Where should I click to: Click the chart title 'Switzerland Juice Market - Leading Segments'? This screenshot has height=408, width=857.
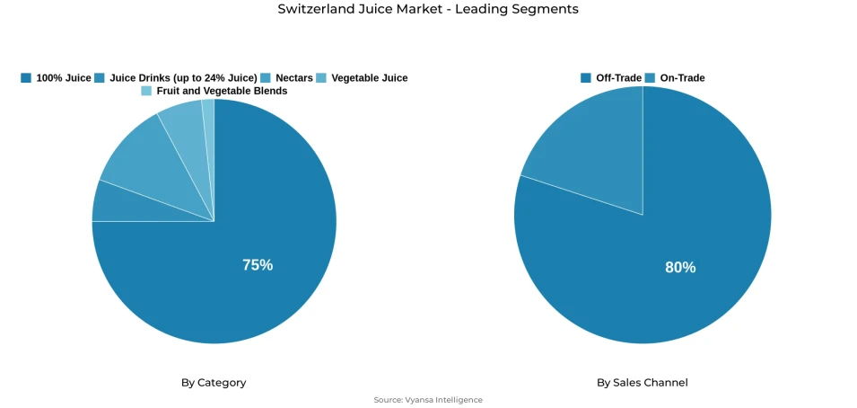[x=428, y=9]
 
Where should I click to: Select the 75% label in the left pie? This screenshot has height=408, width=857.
[x=258, y=265]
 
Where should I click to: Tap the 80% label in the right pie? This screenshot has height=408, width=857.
[x=680, y=267]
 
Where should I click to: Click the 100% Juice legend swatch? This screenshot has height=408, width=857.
[x=26, y=78]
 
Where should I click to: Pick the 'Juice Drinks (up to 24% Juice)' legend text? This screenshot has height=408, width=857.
[x=183, y=78]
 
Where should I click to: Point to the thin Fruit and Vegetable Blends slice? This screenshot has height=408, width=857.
[x=208, y=117]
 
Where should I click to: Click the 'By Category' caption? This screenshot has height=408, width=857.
[x=214, y=383]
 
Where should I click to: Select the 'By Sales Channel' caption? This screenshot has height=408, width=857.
[x=643, y=383]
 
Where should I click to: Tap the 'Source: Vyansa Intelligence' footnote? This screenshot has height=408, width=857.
[x=428, y=400]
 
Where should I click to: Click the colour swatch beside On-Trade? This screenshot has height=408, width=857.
[x=650, y=78]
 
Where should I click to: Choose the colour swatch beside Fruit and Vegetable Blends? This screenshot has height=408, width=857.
[x=146, y=91]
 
